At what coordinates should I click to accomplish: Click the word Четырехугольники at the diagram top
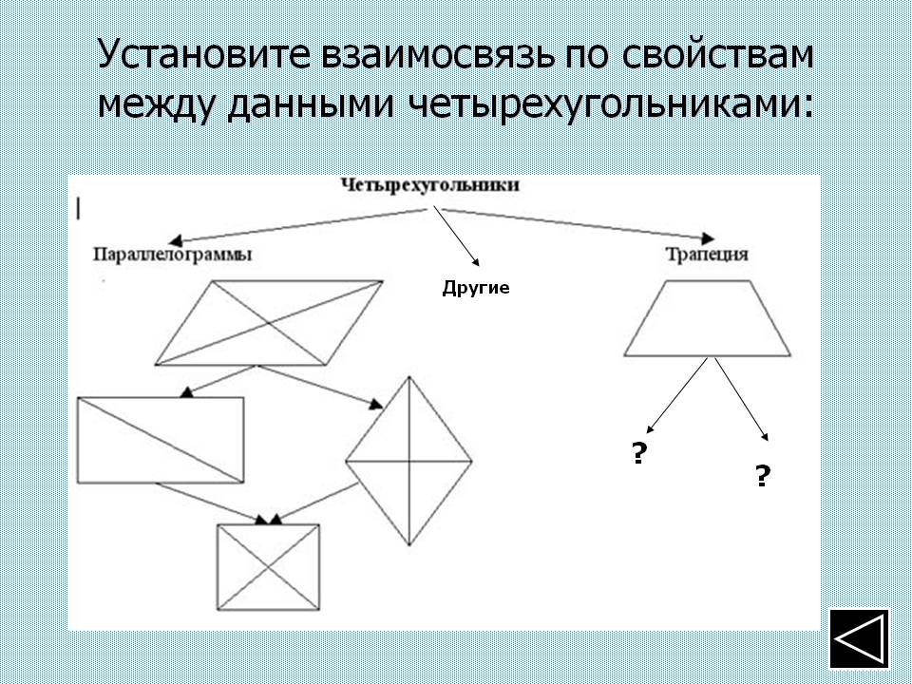pyautogui.click(x=429, y=185)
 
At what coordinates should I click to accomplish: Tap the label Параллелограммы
pyautogui.click(x=173, y=256)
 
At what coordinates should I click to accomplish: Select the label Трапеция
pyautogui.click(x=707, y=255)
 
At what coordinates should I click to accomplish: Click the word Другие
pyautogui.click(x=476, y=289)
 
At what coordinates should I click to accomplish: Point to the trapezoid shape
pyautogui.click(x=707, y=318)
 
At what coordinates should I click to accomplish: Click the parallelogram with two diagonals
pyautogui.click(x=269, y=323)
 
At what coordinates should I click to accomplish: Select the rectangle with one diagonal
pyautogui.click(x=161, y=440)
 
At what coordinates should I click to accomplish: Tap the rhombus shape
pyautogui.click(x=408, y=462)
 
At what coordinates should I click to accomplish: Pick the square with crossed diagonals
pyautogui.click(x=269, y=567)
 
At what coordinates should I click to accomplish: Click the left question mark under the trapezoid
pyautogui.click(x=639, y=452)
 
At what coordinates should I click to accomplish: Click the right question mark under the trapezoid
pyautogui.click(x=763, y=475)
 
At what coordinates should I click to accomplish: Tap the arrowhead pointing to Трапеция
pyautogui.click(x=708, y=237)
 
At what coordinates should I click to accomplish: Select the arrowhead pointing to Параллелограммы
pyautogui.click(x=176, y=240)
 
